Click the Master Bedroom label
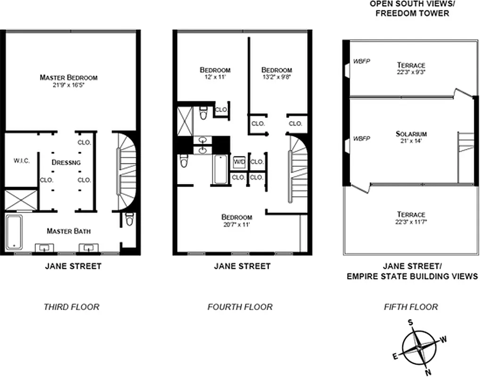coord(68,77)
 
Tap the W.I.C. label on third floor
coord(21,161)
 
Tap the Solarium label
coord(411,134)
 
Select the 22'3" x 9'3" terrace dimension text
coord(411,72)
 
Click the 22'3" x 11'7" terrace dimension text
coord(411,221)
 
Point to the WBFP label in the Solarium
coord(361,139)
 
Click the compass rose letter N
coord(428,372)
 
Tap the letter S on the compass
coord(410,322)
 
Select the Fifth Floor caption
coord(411,307)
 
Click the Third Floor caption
coord(72,307)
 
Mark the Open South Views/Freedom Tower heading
coord(409,8)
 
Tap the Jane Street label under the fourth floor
coord(242,266)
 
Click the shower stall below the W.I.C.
coord(21,200)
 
